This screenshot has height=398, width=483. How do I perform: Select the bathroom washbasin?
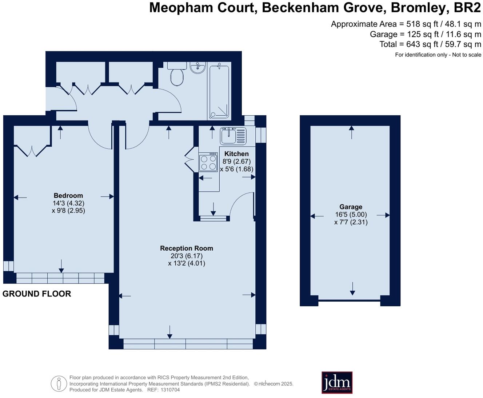coord(198,67)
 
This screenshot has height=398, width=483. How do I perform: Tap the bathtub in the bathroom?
coord(219,92)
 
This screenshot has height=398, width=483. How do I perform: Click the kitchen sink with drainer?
coord(233,136)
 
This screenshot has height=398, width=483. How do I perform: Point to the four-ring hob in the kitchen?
coord(208,163)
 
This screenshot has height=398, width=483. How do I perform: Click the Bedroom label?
coord(68,195)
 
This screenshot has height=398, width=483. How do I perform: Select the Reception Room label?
coord(187,248)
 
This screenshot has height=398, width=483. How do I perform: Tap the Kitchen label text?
coord(236,154)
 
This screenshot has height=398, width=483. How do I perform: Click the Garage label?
coord(351,207)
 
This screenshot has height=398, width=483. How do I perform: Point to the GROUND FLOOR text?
coord(37,294)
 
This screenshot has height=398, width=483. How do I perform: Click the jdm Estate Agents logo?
coord(337,382)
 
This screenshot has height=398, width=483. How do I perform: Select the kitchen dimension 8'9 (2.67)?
coord(236,161)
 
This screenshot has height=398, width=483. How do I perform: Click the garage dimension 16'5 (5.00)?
coord(351,214)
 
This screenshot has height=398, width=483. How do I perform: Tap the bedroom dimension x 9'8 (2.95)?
coord(68,210)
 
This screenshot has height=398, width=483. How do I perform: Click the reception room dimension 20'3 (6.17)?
coord(187,256)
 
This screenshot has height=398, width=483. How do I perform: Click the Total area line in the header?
coord(430,44)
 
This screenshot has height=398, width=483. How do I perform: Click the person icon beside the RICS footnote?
coord(59,383)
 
